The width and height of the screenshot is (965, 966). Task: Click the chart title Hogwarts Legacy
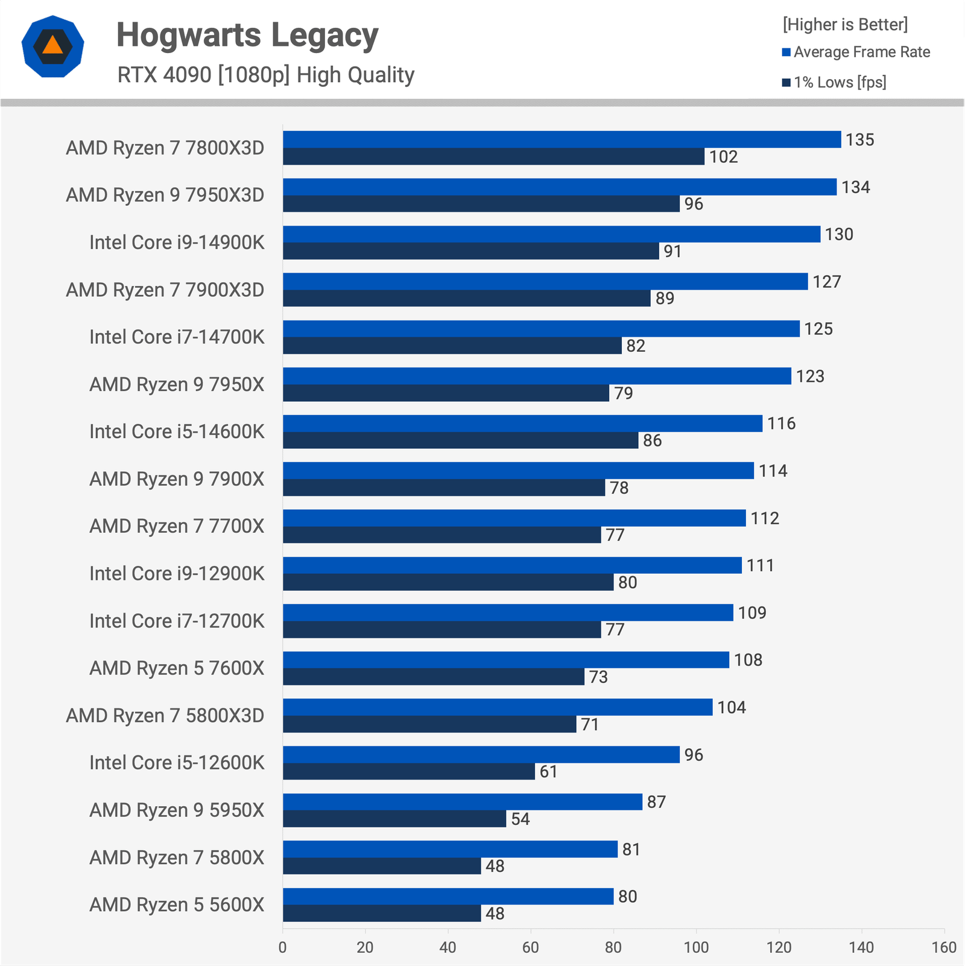[x=247, y=35]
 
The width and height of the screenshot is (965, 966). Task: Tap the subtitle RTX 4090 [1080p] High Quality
[x=266, y=75]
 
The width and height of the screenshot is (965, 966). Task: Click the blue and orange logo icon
[x=52, y=46]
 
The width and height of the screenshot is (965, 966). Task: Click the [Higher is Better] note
[x=845, y=25]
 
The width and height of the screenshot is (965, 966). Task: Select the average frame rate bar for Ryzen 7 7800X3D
[x=562, y=139]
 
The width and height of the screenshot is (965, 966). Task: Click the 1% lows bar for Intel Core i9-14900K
[x=470, y=251]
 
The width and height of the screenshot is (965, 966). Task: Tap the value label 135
[x=859, y=140]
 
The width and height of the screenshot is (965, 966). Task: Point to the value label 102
[x=723, y=157]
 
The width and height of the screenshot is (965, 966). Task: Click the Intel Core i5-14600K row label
[x=177, y=431]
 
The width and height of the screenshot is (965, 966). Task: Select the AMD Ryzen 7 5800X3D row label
[x=165, y=716]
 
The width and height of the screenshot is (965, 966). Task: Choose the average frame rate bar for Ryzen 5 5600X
[x=448, y=896]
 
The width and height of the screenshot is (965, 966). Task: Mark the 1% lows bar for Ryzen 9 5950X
[x=394, y=819]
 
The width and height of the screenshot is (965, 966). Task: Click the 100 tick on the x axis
[x=696, y=947]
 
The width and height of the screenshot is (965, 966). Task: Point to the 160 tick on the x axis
[x=944, y=947]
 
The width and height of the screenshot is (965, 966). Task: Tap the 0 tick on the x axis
[x=282, y=947]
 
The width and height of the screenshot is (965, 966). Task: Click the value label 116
[x=781, y=424]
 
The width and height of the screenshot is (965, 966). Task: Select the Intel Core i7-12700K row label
[x=177, y=621]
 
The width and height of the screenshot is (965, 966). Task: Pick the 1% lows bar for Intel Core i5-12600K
[x=408, y=772]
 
